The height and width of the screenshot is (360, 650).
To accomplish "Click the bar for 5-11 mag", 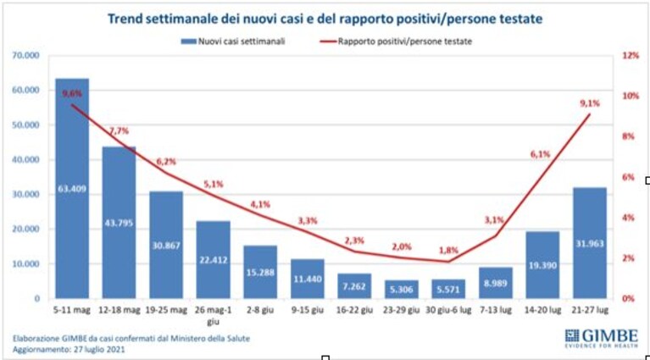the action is [x=72, y=189].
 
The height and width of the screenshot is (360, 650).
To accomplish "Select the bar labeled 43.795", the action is [x=119, y=223].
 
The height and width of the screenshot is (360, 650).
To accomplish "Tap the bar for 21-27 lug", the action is [x=590, y=243].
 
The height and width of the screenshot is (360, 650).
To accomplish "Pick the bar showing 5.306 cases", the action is [x=402, y=290].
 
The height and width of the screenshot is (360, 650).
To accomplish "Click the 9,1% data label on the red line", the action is [x=590, y=103].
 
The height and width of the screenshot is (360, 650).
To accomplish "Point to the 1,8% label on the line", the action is [x=448, y=251].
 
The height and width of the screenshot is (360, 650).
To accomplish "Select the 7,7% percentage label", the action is [x=119, y=131].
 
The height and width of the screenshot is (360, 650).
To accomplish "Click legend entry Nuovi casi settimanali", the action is [x=233, y=42].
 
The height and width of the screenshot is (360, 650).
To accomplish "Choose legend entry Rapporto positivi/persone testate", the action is [x=396, y=42].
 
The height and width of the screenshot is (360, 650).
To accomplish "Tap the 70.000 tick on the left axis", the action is [x=26, y=55].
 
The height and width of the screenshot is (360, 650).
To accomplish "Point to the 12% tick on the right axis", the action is [x=631, y=55].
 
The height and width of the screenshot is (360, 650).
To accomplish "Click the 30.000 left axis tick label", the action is [x=26, y=194].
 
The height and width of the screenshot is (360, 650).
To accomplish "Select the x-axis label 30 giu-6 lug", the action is [x=448, y=310].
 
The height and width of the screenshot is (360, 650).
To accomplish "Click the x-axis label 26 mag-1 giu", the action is [x=213, y=315].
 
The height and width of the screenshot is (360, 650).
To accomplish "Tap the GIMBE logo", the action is [x=602, y=339].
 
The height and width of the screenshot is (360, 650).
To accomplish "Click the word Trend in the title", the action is [x=125, y=19].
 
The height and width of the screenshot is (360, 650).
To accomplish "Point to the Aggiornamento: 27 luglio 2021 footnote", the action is [x=69, y=349].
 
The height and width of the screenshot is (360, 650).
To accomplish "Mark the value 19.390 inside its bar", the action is [x=542, y=265].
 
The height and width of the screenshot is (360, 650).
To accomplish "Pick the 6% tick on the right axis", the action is [x=629, y=177].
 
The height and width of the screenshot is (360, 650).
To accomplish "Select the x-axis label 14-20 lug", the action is [x=542, y=310].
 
